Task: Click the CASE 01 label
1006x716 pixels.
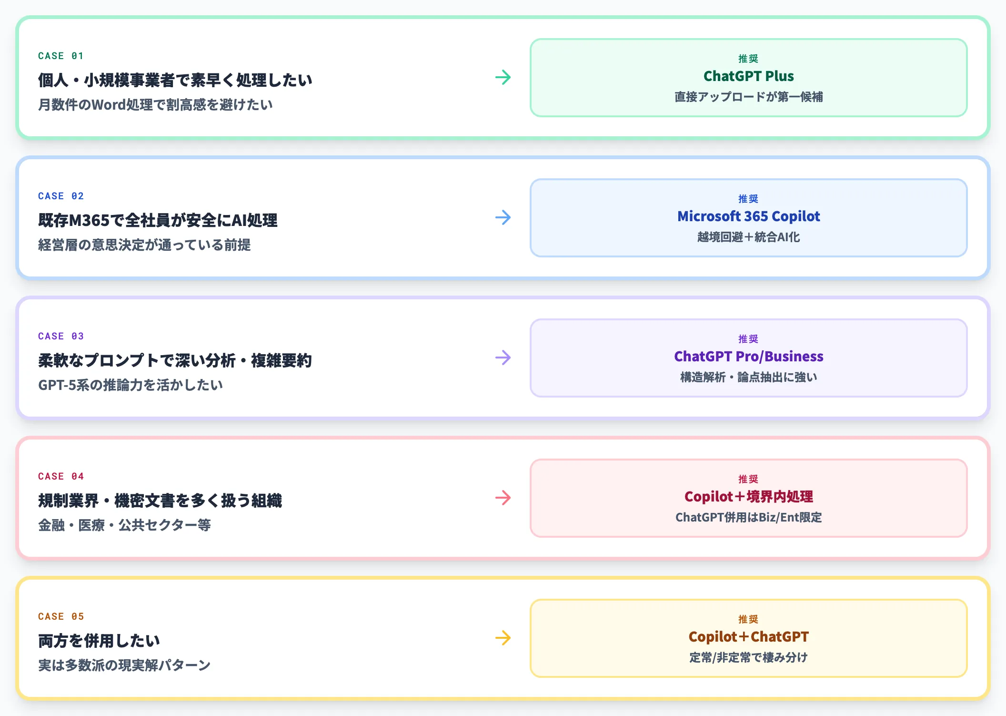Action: tap(61, 56)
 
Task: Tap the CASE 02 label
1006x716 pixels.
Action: tap(61, 196)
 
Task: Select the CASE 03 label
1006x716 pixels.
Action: tap(61, 336)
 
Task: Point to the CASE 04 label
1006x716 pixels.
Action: tap(61, 476)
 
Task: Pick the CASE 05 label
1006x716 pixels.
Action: tap(61, 616)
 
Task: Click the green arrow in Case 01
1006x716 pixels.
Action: tap(503, 77)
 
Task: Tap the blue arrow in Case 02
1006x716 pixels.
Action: tap(503, 217)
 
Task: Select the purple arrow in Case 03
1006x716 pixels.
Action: tap(503, 358)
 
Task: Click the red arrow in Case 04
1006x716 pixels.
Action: tap(503, 498)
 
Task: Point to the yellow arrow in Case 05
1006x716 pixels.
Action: tap(503, 638)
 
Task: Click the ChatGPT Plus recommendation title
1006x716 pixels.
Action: tap(749, 76)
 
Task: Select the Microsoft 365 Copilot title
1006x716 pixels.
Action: tap(749, 216)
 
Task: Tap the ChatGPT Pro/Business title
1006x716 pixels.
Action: tap(749, 357)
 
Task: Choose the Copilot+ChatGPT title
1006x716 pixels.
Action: tap(749, 637)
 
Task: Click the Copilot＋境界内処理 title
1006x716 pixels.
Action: tap(749, 497)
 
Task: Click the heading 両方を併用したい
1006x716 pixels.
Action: tap(99, 641)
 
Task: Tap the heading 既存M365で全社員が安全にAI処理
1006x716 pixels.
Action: tap(158, 220)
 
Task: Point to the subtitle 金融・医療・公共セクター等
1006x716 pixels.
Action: tap(124, 525)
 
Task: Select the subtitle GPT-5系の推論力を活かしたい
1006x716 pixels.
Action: tap(131, 385)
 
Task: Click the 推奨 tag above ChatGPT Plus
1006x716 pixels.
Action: tap(748, 59)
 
